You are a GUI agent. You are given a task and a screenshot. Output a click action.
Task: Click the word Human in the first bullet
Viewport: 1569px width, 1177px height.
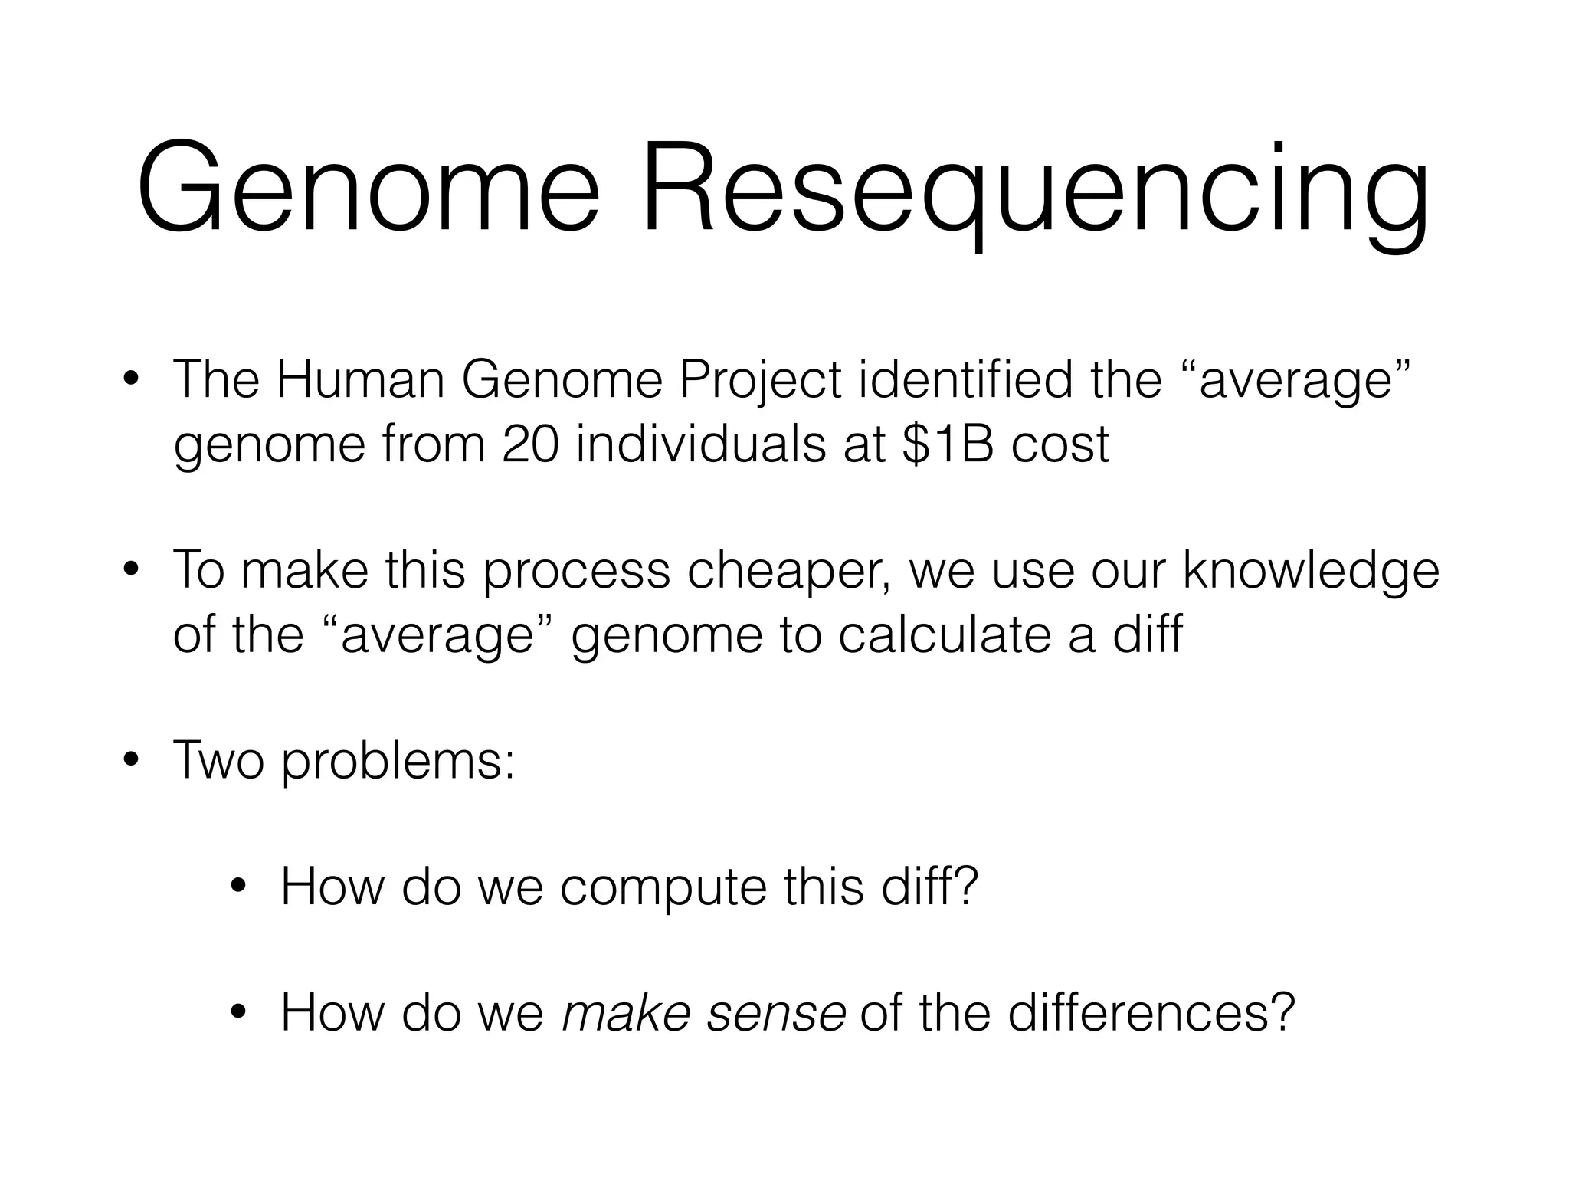click(359, 380)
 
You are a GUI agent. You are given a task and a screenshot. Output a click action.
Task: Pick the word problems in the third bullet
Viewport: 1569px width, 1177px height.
click(398, 762)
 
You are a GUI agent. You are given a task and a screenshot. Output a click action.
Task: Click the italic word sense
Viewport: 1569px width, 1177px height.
click(776, 1013)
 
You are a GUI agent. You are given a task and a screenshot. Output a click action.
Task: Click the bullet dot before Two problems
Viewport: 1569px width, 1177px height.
click(131, 762)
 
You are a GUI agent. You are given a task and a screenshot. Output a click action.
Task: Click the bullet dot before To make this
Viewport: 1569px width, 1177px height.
click(131, 571)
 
